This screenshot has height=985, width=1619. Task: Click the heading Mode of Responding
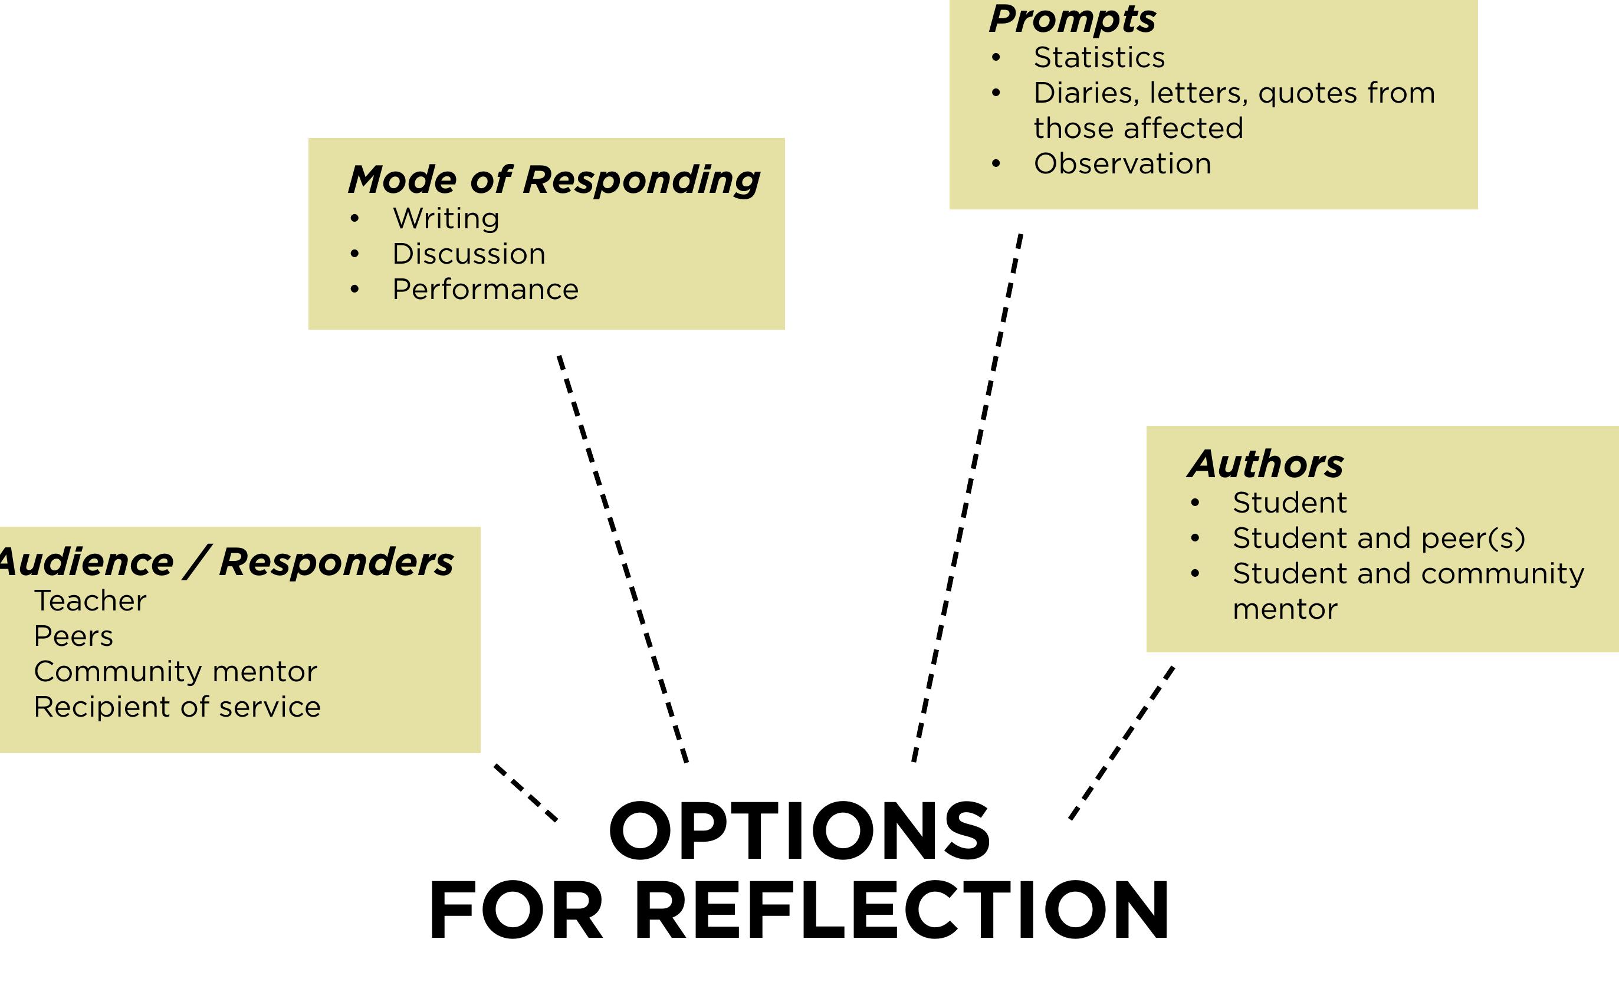(x=553, y=180)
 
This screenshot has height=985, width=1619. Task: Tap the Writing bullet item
(x=445, y=219)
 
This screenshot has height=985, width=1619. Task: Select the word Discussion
(x=468, y=254)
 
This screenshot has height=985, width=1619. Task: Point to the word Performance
(x=485, y=290)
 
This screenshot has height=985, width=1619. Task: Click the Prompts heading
(x=1072, y=19)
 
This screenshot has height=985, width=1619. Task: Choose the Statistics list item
(x=1099, y=58)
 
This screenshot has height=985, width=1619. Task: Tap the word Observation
(x=1122, y=163)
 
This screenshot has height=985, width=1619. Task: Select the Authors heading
(x=1266, y=465)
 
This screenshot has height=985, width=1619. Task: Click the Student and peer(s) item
(x=1378, y=539)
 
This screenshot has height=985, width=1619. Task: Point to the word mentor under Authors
(x=1285, y=610)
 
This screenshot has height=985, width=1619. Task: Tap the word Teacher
(x=90, y=601)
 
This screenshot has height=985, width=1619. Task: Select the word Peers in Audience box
(x=74, y=637)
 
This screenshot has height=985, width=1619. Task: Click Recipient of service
(x=177, y=708)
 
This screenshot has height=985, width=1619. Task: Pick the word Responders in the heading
(x=336, y=563)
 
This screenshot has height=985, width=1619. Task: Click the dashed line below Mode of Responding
(x=622, y=559)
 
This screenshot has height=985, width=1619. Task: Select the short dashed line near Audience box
(x=526, y=793)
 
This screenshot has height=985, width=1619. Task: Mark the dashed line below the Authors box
(x=1122, y=743)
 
